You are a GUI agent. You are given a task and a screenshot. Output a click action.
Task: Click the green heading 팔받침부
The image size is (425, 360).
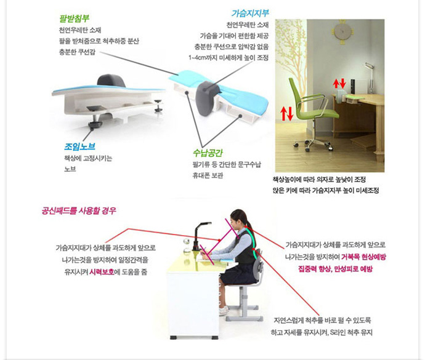(x=74, y=18)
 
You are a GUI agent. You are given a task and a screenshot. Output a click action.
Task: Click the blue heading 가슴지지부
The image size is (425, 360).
(x=250, y=13)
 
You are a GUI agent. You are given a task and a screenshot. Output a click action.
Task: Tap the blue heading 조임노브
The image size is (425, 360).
(x=79, y=146)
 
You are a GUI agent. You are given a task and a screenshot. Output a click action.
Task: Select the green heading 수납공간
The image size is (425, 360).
(x=208, y=153)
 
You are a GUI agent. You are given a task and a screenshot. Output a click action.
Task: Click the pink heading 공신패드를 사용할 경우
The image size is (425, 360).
(x=79, y=210)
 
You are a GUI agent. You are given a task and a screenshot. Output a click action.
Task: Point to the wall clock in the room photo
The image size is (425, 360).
(x=342, y=32)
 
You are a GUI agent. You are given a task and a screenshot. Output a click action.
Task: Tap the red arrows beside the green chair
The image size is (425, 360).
(x=287, y=113)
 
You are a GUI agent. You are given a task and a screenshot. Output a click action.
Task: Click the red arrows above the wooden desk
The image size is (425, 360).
(x=339, y=84)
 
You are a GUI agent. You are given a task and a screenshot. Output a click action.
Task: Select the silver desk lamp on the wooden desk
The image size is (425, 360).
(x=369, y=77)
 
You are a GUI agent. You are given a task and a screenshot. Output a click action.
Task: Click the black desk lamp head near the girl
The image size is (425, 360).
(x=204, y=225)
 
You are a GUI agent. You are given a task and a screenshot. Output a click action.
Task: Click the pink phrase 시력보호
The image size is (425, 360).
(x=102, y=272)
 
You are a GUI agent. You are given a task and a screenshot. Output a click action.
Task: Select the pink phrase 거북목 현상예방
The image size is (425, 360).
(x=363, y=257)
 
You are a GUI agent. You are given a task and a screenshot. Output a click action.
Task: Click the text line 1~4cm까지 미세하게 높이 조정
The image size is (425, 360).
(x=229, y=58)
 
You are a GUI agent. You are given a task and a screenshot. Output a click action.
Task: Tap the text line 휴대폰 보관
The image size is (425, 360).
(x=208, y=175)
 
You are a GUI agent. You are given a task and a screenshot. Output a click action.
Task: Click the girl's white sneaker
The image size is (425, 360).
(x=224, y=310)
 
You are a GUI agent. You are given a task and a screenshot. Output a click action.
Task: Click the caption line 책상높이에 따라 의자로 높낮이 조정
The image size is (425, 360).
(x=319, y=180)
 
